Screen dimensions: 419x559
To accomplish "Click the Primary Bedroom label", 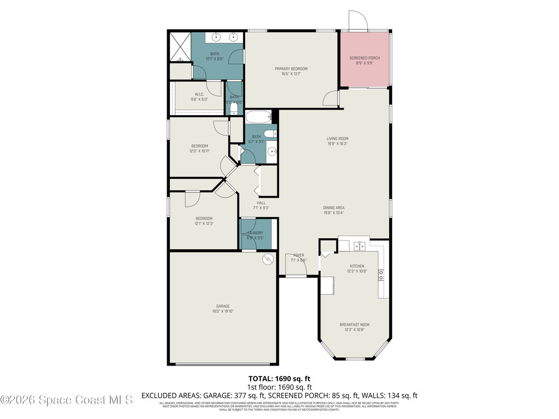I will pos(291,69).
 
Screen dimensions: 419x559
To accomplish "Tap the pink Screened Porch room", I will pos(365,59).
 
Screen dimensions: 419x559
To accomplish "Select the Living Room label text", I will pos(337,139).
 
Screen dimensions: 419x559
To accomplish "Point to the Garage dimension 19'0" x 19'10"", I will pos(222,312).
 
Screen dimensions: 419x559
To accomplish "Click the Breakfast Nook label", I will pos(354,325).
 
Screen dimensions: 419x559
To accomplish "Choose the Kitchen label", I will pos(356,266).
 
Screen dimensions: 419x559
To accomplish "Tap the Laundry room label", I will pos(255,233).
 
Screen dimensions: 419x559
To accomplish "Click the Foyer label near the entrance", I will pos(299,255).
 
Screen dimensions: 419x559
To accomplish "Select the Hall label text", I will pos(261,202).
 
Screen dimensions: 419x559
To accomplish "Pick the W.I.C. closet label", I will pos(199,94).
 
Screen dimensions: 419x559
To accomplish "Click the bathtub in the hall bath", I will pos(258,117).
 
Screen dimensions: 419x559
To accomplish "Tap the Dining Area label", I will pos(334,207).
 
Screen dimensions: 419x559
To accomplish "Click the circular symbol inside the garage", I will pos(268,259).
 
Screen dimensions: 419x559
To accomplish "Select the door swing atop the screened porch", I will pos(359,21).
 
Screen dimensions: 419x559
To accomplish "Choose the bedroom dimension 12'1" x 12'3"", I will pos(204,224).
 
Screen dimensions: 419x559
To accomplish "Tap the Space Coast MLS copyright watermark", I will pos(67,400).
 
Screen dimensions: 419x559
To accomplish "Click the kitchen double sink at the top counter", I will pos(360,247).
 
